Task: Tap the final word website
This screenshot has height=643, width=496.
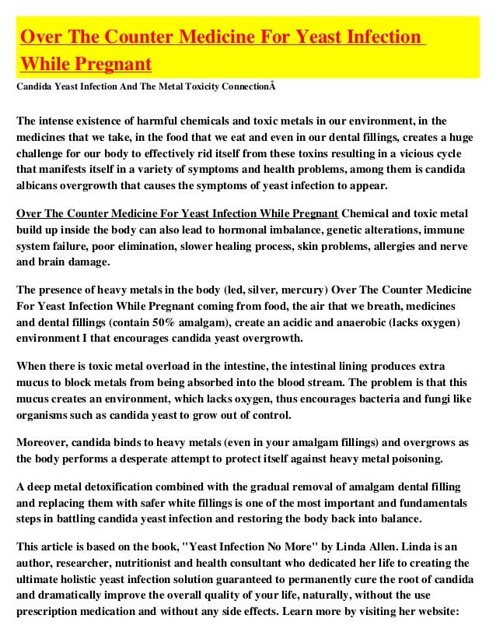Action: (x=437, y=613)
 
